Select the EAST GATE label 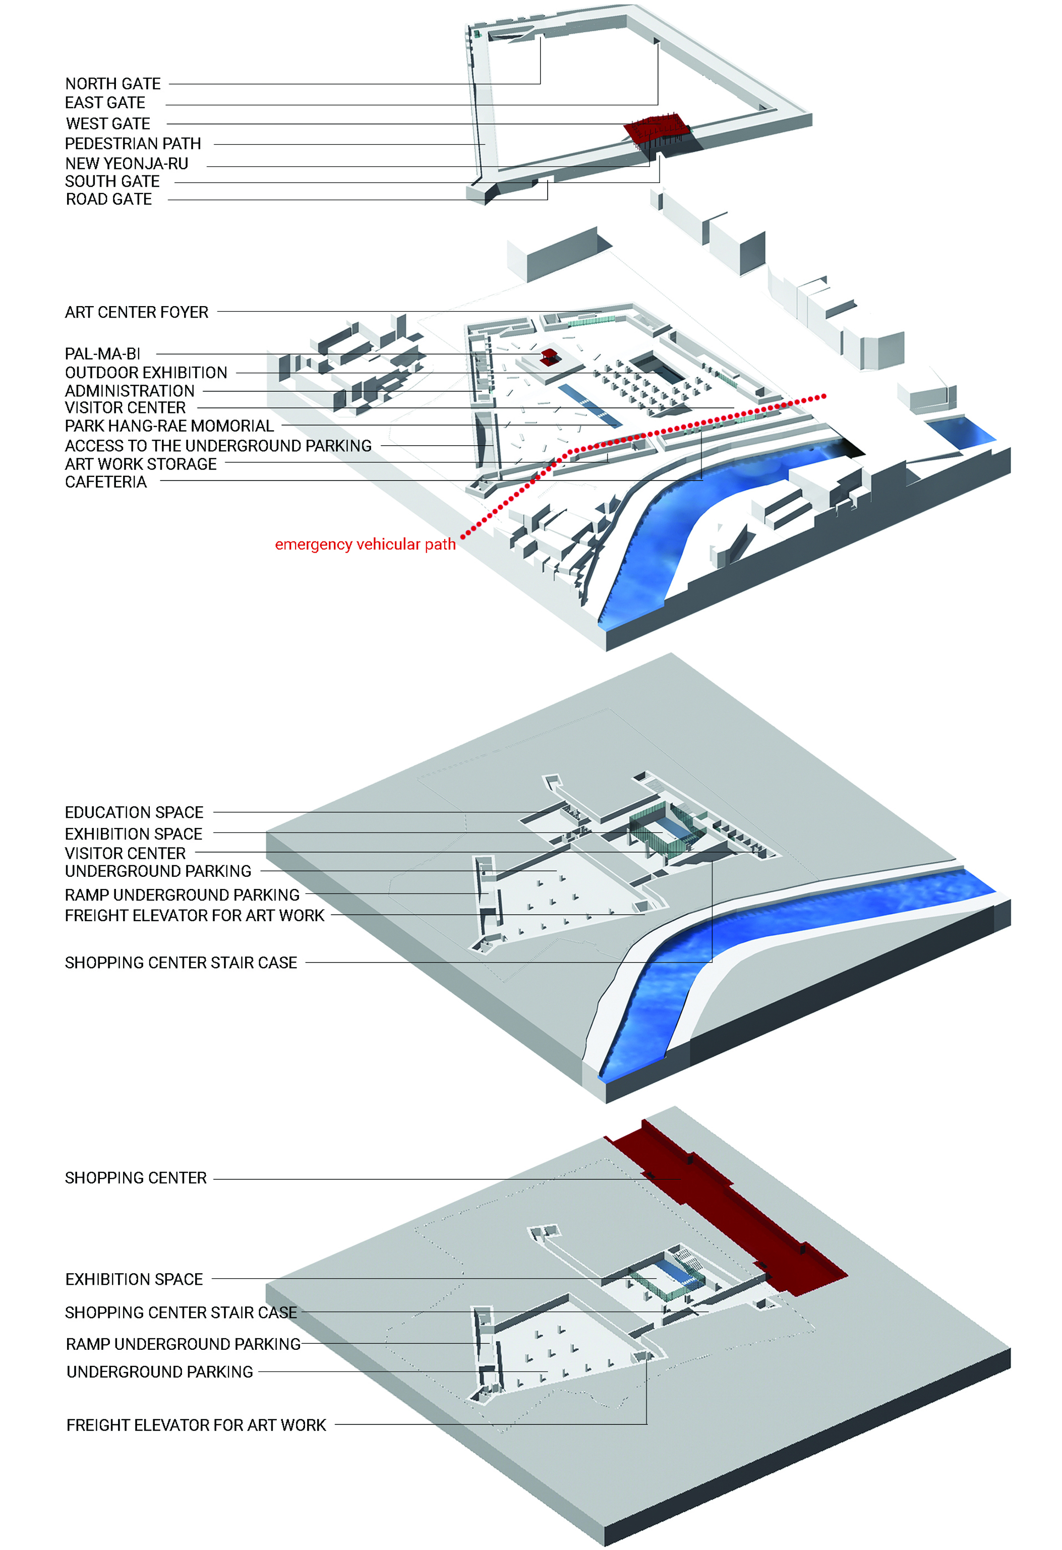105,103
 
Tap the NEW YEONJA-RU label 126,164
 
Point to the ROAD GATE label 109,199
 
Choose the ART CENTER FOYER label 136,312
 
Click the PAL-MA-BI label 102,354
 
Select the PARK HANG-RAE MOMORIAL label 169,426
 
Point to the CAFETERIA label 105,482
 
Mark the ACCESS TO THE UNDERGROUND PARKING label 217,446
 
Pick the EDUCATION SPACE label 134,812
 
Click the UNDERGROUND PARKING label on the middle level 157,871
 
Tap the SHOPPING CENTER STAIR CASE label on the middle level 180,963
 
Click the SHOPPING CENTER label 136,1178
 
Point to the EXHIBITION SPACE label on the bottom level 134,1279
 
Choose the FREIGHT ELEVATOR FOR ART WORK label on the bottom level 196,1425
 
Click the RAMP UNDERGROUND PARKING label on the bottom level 183,1344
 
